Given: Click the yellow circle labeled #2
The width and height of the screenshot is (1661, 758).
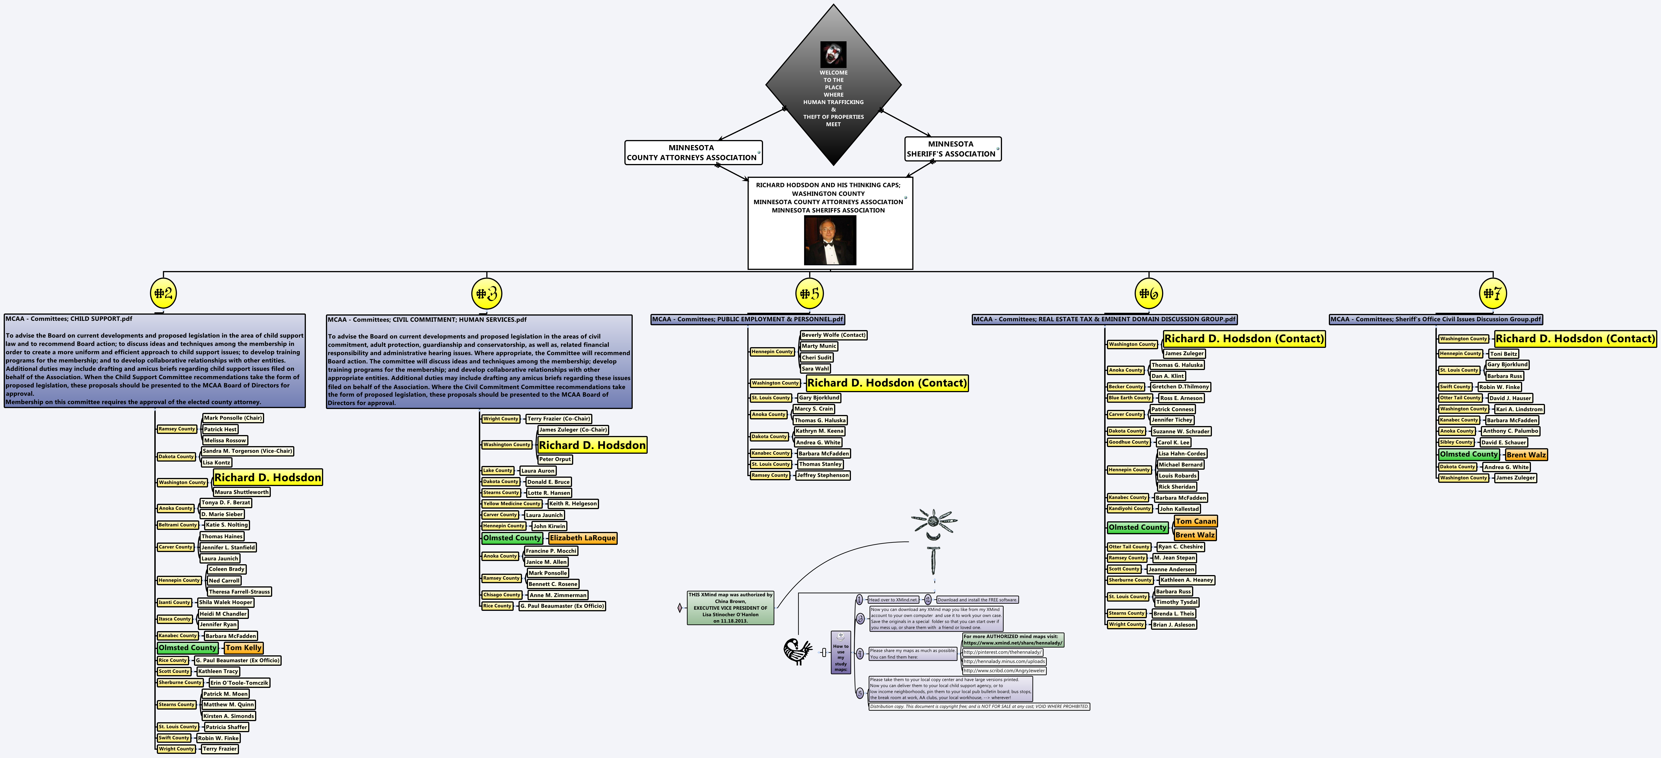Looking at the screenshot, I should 163,293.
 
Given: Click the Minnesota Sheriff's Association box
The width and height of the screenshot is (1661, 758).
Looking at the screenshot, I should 952,149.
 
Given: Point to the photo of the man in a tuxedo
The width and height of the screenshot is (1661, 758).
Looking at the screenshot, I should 830,240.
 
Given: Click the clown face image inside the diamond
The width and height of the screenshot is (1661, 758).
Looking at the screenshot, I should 833,54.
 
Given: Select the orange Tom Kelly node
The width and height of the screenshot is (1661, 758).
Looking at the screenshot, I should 244,648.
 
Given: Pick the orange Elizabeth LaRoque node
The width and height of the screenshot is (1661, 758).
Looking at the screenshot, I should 582,538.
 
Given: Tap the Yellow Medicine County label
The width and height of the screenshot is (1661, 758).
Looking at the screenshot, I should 512,504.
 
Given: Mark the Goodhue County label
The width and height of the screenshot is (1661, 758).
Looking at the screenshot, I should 1128,442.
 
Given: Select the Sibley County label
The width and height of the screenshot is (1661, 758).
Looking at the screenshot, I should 1456,442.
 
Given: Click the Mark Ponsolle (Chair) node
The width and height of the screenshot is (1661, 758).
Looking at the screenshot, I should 233,418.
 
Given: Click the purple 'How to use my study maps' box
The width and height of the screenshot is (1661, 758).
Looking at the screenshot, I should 841,653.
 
